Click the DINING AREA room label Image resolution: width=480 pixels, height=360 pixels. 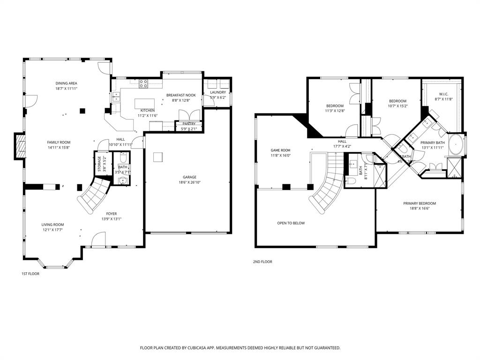pos(66,83)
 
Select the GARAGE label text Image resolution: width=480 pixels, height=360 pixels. pos(189,177)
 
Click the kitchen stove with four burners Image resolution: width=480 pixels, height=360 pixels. pos(143,84)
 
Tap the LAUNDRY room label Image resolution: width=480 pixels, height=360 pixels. pos(218,92)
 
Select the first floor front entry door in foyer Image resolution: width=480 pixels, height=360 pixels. pos(98,240)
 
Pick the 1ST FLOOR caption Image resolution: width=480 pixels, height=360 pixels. pos(30,274)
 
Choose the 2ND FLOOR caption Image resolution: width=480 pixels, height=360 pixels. pos(262,262)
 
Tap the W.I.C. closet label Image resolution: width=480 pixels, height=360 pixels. pos(444,94)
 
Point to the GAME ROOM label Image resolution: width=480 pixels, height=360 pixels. pos(280,150)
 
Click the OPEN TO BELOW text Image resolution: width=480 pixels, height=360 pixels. pos(291,223)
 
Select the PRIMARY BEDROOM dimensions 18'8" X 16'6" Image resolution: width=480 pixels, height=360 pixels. pos(420,209)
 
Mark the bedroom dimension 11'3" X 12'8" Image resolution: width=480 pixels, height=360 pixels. pos(335,111)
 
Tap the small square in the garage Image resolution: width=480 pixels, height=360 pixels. pos(158,157)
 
